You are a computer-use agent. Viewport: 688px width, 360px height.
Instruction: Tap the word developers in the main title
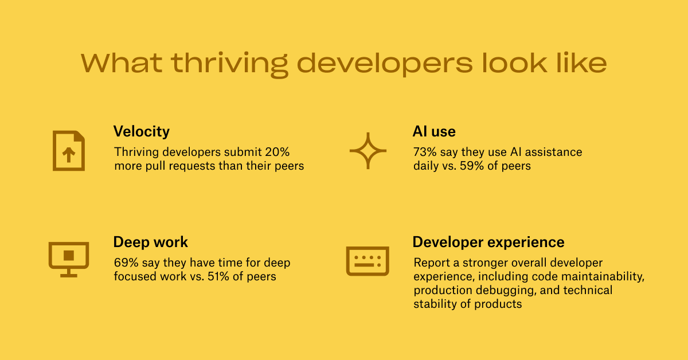(x=385, y=63)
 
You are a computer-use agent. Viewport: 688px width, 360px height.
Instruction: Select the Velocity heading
(x=141, y=132)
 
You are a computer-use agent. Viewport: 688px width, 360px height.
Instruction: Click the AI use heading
(x=434, y=131)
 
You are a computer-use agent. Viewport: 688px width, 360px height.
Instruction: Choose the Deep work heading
(x=150, y=242)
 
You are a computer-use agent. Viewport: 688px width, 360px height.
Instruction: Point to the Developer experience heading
(x=488, y=242)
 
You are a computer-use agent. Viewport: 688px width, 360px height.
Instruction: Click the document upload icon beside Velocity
(x=69, y=151)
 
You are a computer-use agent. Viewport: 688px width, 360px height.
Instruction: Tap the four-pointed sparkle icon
(x=368, y=151)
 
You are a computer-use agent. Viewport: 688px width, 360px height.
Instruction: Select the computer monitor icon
(x=69, y=260)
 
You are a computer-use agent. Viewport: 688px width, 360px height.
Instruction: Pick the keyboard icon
(x=368, y=261)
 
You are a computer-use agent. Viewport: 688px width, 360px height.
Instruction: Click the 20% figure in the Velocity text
(x=277, y=152)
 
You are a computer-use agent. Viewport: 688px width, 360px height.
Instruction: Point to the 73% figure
(x=425, y=152)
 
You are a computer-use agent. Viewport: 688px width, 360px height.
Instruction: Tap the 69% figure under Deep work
(x=126, y=263)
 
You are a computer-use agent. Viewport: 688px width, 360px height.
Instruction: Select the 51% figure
(x=218, y=276)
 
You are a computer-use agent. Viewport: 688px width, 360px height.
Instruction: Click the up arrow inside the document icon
(x=69, y=154)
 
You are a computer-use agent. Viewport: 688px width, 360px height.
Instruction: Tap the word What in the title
(x=122, y=63)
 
